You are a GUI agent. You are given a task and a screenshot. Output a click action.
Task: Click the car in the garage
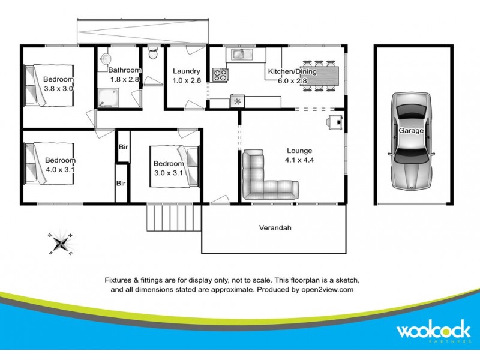click(411, 139)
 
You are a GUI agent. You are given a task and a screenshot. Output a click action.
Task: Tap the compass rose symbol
click(60, 243)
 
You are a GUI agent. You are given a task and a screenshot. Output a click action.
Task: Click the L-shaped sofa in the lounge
click(264, 178)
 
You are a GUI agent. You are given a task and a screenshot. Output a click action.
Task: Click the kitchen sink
click(241, 55)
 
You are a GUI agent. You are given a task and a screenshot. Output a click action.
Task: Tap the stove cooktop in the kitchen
click(220, 75)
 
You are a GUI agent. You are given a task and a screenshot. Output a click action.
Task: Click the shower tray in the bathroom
click(109, 98)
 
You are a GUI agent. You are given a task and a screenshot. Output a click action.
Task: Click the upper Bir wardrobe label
click(123, 147)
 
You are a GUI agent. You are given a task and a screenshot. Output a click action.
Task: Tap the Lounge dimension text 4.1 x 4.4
click(299, 161)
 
